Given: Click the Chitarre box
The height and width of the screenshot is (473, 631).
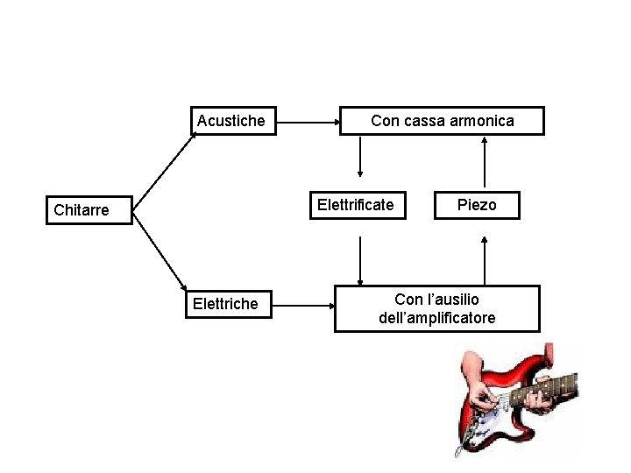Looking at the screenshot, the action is click(x=89, y=210).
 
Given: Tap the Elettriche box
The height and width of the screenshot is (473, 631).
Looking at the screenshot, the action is click(x=227, y=304).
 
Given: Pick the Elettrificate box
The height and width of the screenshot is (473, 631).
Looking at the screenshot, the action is click(x=357, y=205).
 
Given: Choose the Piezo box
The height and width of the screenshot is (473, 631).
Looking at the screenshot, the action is click(x=477, y=205).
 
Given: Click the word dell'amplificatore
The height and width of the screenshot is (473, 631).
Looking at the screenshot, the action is click(x=436, y=318).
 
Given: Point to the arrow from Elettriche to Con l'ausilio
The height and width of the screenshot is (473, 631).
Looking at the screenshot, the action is click(x=303, y=307).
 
